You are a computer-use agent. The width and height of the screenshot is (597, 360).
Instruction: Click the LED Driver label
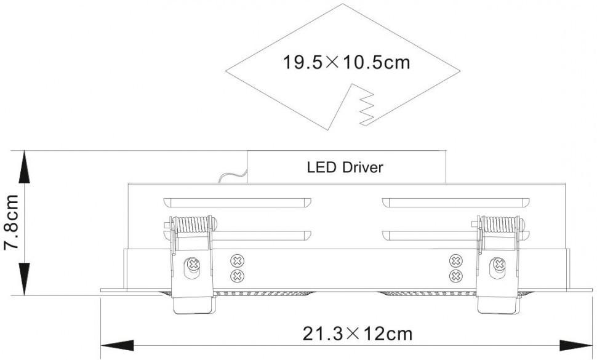click(x=345, y=167)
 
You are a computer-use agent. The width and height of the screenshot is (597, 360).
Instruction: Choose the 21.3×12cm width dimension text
click(x=357, y=334)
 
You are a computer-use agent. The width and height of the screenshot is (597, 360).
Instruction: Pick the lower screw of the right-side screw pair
click(x=455, y=275)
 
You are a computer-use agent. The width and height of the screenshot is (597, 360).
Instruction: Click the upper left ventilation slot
click(x=238, y=202)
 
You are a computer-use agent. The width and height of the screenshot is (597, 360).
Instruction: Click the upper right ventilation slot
click(x=455, y=202)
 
